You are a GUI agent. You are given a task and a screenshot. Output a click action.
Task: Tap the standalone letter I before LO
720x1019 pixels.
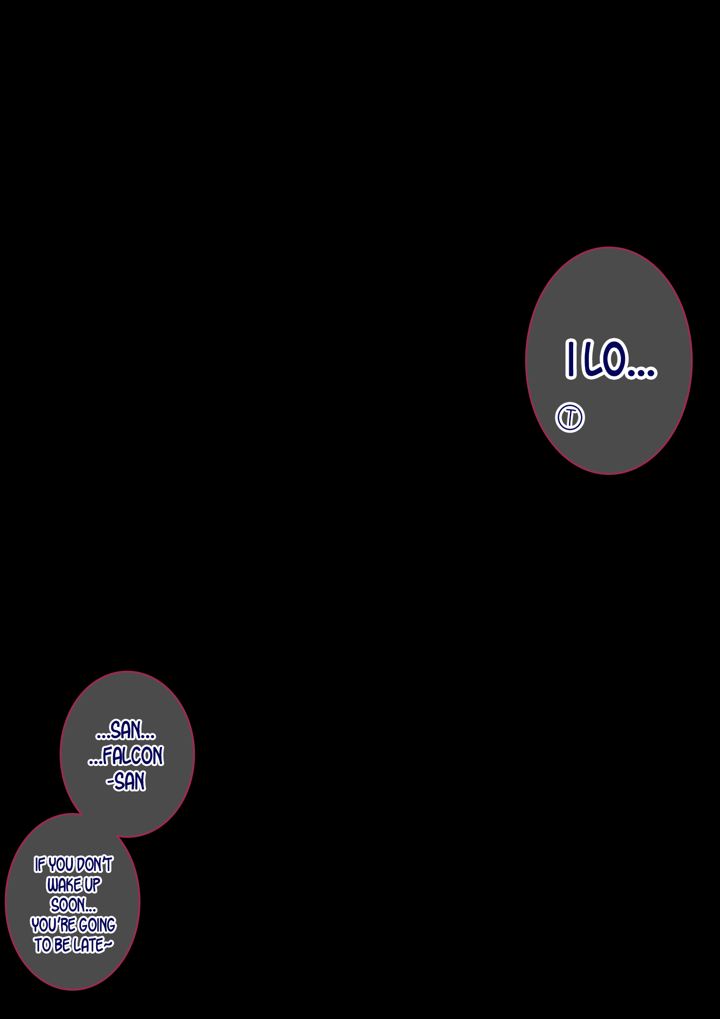point(570,359)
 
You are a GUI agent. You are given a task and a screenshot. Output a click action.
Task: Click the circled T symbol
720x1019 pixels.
point(570,417)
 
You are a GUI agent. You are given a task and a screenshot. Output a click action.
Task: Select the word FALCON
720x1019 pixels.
point(133,756)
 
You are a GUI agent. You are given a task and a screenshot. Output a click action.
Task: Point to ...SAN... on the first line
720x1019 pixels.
point(126,730)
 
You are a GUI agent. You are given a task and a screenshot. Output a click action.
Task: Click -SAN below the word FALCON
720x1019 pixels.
point(126,781)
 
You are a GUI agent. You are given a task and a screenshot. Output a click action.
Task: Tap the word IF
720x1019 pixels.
point(40,865)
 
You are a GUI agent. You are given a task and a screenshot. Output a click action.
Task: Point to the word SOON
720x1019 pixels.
point(67,905)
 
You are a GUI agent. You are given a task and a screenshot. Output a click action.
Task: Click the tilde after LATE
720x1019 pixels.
point(109,945)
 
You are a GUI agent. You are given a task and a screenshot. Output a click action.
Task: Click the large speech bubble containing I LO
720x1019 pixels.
point(609,360)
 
